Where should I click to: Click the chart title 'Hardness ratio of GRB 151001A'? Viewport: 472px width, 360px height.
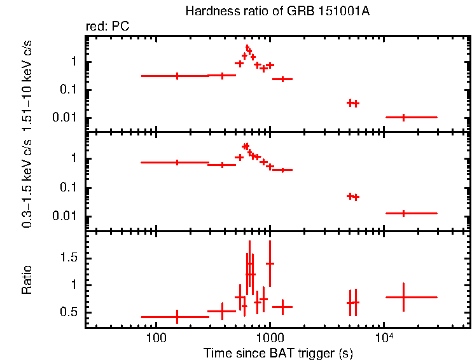click(x=276, y=11)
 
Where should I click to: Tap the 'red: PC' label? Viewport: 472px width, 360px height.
click(x=108, y=27)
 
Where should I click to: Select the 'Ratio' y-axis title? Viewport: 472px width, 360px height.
click(x=27, y=279)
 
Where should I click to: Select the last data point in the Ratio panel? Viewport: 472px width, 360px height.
click(x=404, y=297)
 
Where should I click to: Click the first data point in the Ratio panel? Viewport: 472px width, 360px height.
click(x=177, y=316)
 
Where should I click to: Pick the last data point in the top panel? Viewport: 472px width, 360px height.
click(x=404, y=117)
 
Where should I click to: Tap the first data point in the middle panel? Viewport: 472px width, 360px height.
click(x=177, y=162)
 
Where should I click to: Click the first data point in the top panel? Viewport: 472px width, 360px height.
click(x=177, y=76)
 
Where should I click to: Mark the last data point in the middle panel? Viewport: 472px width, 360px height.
click(x=404, y=213)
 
